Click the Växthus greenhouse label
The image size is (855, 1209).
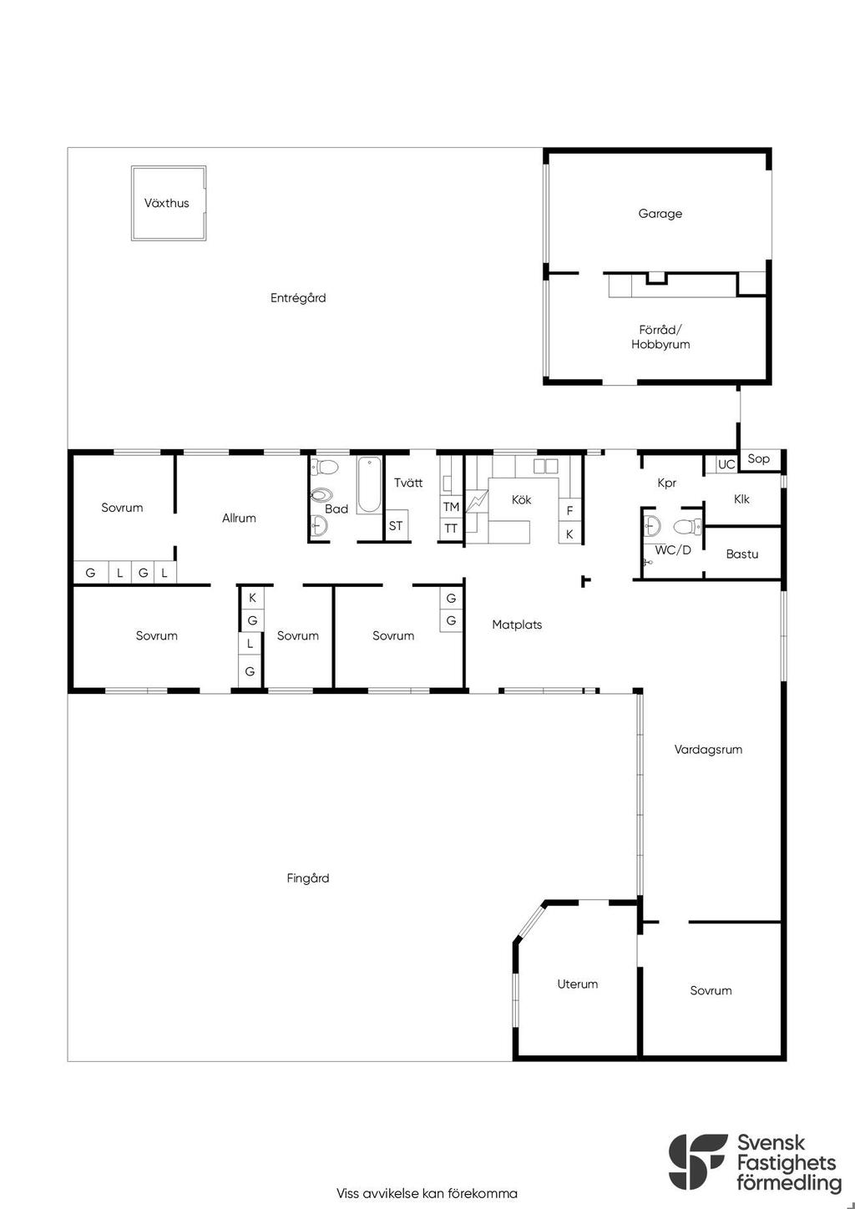click(x=166, y=203)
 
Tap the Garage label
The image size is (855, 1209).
click(x=660, y=214)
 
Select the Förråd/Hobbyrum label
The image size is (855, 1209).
click(x=660, y=336)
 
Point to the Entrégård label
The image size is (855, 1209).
click(x=298, y=298)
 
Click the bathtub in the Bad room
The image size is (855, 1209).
click(x=369, y=484)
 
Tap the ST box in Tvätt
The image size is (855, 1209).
click(x=396, y=525)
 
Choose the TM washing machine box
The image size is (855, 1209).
click(x=451, y=506)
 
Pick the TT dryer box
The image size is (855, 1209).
click(x=451, y=529)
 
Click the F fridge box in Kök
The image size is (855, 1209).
click(x=569, y=509)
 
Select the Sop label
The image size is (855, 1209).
click(x=758, y=458)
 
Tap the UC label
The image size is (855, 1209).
click(x=726, y=464)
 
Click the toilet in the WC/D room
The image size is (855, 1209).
click(x=687, y=526)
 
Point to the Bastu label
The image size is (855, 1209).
click(x=742, y=554)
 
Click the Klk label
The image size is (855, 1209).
click(x=741, y=499)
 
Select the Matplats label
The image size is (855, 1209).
click(x=517, y=625)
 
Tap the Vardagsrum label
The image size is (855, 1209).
click(x=708, y=749)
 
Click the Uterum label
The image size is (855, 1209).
click(x=578, y=984)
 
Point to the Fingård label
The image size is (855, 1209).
click(x=307, y=878)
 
